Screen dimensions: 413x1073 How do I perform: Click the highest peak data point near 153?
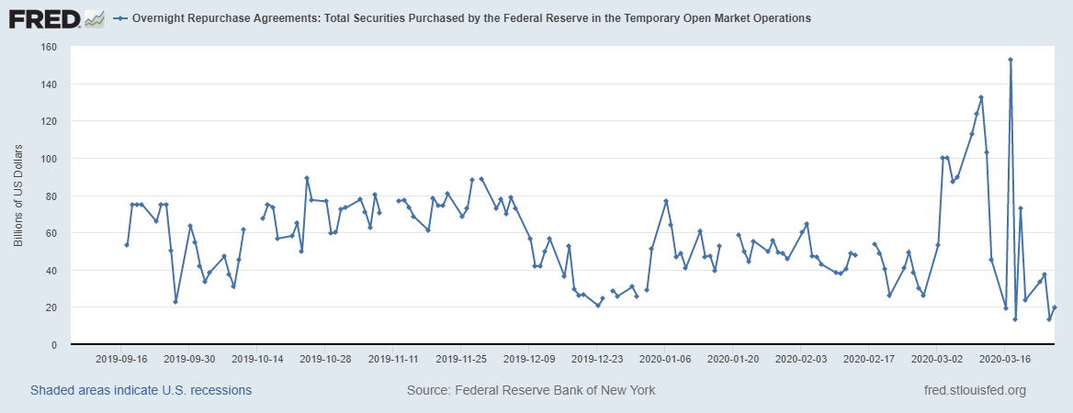(1011, 60)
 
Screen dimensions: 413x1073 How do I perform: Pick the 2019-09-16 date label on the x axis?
(123, 359)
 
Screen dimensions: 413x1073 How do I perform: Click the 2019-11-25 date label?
(462, 359)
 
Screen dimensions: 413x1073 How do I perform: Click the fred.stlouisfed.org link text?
(974, 391)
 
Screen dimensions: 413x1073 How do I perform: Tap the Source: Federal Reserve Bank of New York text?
(531, 391)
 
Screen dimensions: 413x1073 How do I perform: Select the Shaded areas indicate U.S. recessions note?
(141, 391)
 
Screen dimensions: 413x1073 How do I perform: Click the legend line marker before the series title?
(120, 18)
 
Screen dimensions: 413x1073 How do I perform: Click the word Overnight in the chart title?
(162, 18)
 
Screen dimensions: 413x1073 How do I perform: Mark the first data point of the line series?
(127, 245)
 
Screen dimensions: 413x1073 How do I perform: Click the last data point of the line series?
(1055, 307)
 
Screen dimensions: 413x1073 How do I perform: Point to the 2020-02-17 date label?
(868, 359)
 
